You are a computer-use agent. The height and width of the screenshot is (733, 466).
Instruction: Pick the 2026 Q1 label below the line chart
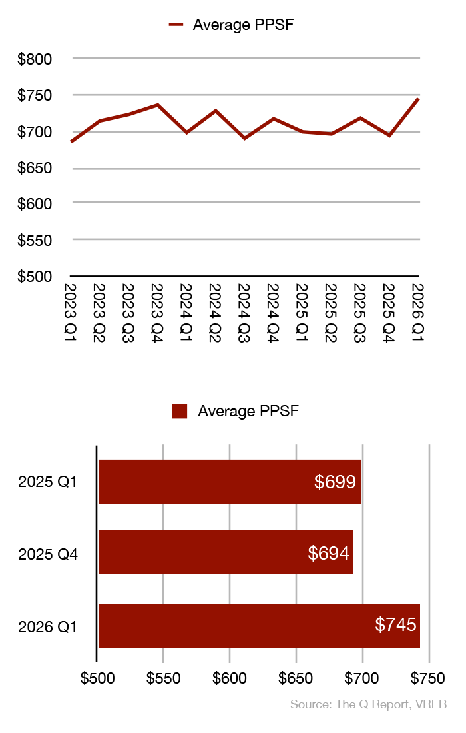(417, 312)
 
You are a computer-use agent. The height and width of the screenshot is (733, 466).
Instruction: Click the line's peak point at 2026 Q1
(419, 99)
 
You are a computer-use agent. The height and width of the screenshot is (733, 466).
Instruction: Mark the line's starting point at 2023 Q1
(71, 141)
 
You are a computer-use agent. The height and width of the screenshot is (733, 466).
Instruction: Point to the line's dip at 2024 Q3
(245, 138)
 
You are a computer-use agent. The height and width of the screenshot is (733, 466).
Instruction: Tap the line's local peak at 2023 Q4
(158, 105)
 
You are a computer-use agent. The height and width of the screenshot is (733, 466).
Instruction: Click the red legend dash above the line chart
(176, 25)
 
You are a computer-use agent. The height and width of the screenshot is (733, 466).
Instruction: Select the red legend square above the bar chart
(180, 411)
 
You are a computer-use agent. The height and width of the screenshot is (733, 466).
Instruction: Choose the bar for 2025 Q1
(229, 482)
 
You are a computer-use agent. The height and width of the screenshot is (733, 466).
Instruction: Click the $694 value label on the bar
(329, 552)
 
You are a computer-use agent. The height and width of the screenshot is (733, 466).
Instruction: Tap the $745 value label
(395, 624)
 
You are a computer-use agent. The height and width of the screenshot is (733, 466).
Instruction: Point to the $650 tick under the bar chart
(296, 678)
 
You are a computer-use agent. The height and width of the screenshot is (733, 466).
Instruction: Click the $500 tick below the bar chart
(97, 678)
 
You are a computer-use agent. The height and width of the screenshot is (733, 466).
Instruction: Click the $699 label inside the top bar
(336, 481)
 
